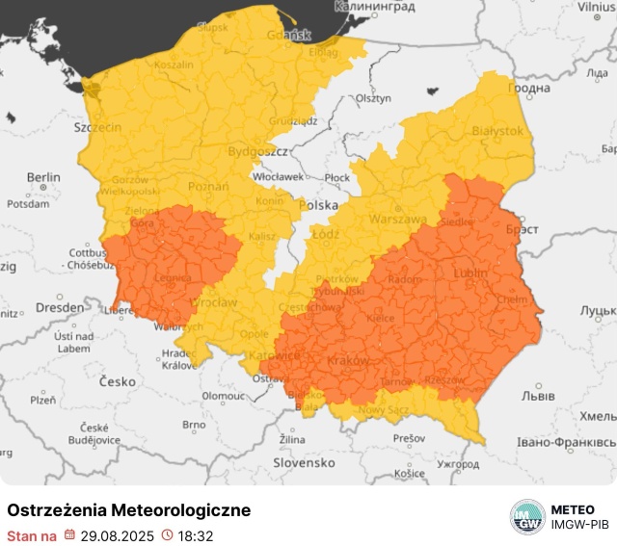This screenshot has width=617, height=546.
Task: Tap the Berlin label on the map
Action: (x=43, y=177)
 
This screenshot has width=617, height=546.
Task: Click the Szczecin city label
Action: (x=98, y=127)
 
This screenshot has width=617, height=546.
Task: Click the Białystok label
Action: (x=496, y=130)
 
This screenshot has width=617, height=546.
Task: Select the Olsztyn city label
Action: (x=373, y=98)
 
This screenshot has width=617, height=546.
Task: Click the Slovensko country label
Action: (x=304, y=462)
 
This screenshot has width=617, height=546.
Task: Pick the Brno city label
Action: (x=194, y=424)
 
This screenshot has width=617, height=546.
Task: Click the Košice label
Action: (x=410, y=473)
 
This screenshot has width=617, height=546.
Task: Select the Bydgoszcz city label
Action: (x=258, y=152)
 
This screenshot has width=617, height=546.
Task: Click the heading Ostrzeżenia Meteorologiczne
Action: (x=129, y=510)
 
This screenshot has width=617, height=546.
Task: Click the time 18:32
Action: (x=195, y=535)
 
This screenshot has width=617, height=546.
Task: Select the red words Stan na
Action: (x=32, y=535)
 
